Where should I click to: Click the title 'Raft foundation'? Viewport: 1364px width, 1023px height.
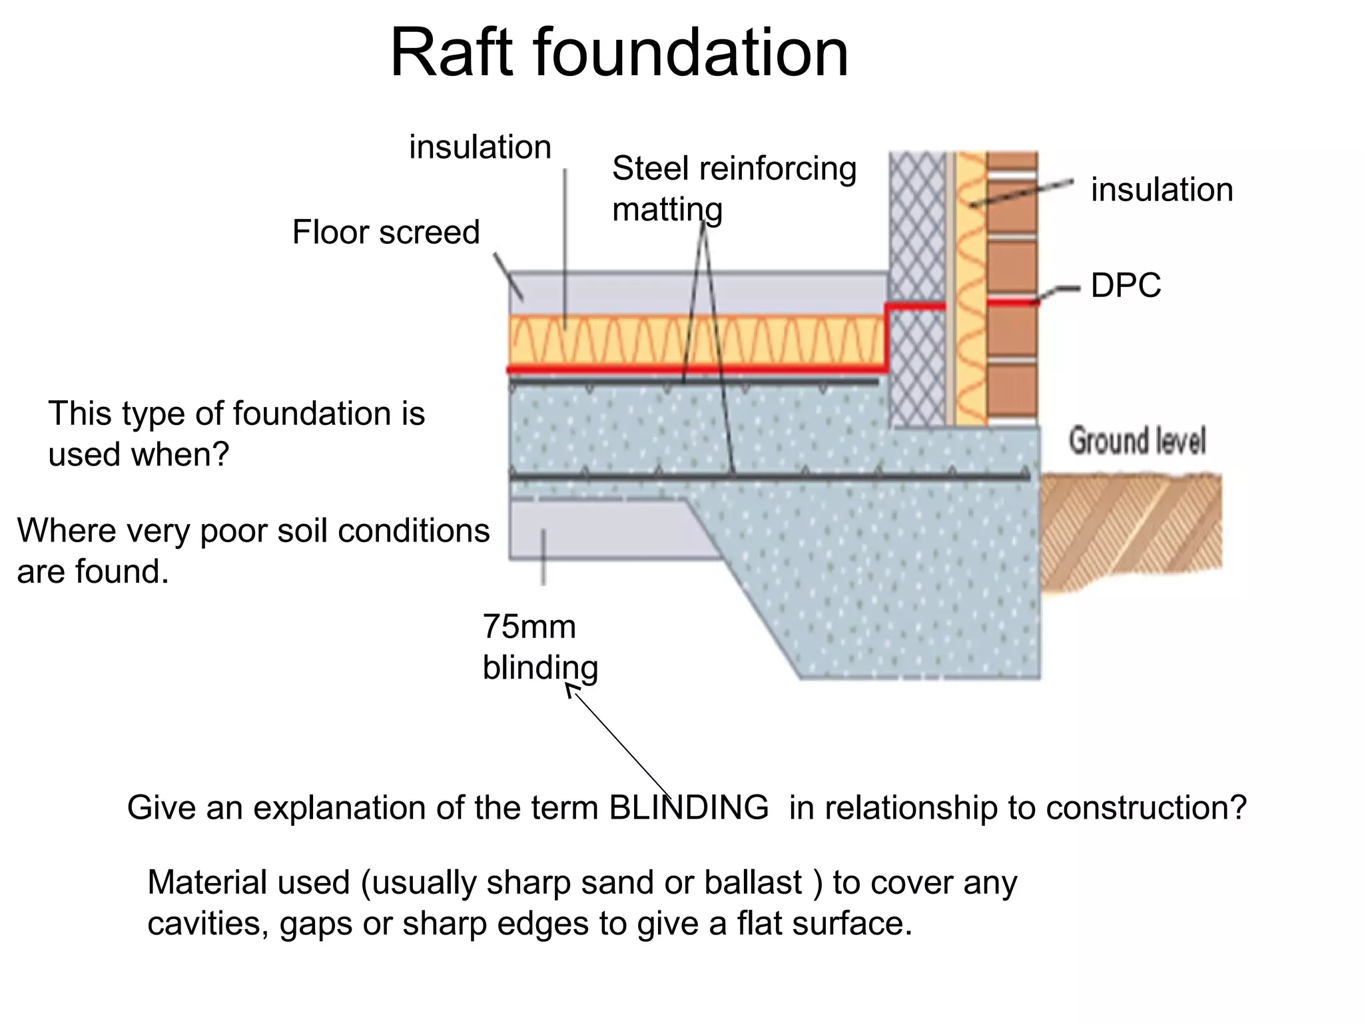(619, 53)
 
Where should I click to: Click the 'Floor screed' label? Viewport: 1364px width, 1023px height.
(386, 232)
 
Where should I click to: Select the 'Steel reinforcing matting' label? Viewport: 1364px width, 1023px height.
(733, 188)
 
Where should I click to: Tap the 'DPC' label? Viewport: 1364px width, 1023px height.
(1125, 286)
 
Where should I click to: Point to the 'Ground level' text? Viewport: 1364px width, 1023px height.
(1136, 442)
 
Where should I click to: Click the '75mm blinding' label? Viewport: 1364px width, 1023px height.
(539, 647)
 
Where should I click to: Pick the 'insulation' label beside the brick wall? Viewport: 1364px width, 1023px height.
(1162, 190)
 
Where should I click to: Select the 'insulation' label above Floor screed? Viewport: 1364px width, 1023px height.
(480, 147)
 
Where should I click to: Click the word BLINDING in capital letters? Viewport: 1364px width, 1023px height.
(689, 808)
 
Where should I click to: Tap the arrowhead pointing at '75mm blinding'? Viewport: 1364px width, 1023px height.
(571, 691)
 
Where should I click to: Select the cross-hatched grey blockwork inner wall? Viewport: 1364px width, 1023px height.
(916, 286)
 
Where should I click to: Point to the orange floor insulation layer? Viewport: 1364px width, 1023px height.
(693, 340)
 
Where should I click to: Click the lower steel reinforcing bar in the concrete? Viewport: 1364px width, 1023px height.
(766, 477)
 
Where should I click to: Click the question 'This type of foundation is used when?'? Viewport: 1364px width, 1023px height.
(236, 434)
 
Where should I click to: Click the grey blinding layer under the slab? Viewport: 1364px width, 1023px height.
(599, 529)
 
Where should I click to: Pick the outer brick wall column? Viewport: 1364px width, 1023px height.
(1011, 286)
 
